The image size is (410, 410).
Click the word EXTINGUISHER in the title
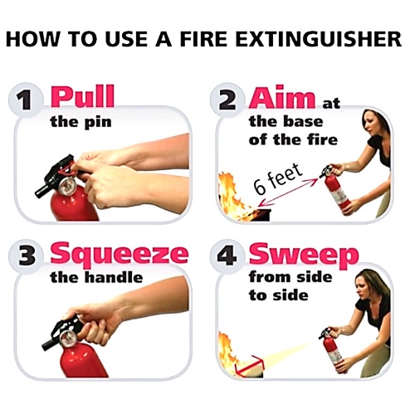click(x=319, y=39)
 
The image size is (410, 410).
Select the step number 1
click(x=26, y=100)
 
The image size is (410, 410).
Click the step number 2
click(x=227, y=100)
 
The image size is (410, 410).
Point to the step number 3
click(x=27, y=256)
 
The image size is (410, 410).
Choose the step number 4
click(x=227, y=256)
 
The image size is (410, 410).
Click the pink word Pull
click(x=82, y=96)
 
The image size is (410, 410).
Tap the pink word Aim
click(x=282, y=97)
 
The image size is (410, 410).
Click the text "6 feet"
click(x=277, y=179)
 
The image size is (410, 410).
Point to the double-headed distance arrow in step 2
click(x=289, y=193)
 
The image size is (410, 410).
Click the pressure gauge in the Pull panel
click(x=67, y=184)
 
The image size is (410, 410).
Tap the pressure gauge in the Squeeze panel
click(x=68, y=338)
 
